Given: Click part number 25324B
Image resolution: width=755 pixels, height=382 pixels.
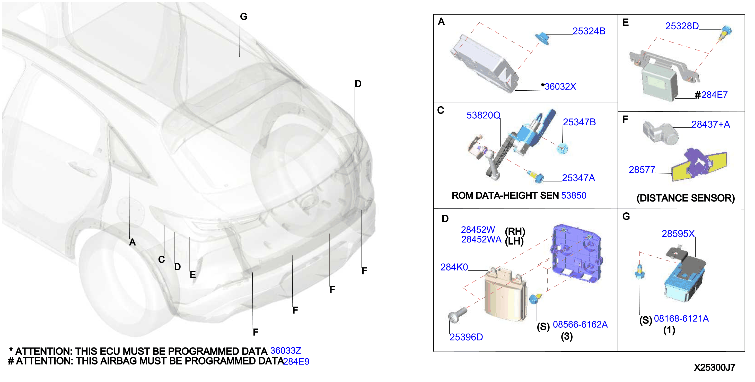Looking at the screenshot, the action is pos(589,31).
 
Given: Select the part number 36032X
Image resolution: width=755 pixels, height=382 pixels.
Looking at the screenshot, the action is pos(560,86).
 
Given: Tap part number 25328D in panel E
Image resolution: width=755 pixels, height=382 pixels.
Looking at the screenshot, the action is pos(682,26).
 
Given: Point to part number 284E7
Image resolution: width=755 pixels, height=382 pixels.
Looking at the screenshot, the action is pos(715,95).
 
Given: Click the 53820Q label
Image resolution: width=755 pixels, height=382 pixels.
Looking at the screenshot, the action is pos(483,115).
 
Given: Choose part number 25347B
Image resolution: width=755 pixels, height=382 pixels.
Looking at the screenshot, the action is pos(579,122).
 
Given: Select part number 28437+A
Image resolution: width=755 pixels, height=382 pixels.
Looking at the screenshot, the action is pos(711,124).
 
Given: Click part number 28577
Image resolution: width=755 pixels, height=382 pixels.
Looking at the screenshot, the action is pos(642,169).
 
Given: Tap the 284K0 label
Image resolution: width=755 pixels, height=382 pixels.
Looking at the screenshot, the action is pos(454,267).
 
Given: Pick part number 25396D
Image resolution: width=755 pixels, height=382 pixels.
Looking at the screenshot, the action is pos(466,337).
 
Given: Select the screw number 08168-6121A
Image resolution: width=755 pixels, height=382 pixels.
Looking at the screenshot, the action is pos(681,318).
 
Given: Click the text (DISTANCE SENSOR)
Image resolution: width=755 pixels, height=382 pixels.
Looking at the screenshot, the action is pos(686,198).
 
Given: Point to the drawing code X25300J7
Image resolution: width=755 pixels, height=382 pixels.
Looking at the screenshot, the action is pos(714,367).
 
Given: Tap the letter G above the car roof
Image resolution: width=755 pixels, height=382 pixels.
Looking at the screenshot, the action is pos(243,17).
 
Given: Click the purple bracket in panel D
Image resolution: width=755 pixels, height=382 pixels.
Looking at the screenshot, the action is pos(576,254).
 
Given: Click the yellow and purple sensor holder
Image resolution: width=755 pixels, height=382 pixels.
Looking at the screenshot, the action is pos(699,165).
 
